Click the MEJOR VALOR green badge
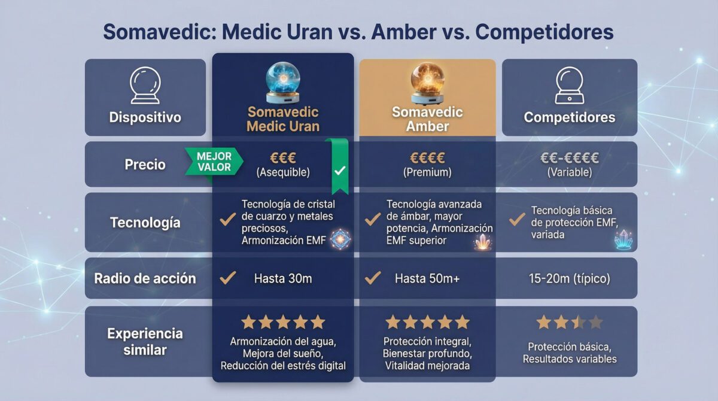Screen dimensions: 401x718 click(214, 162)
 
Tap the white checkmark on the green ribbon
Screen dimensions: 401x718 click(340, 171)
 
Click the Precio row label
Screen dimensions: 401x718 click(145, 165)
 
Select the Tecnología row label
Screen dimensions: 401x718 click(145, 223)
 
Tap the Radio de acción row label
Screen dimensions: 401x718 click(145, 278)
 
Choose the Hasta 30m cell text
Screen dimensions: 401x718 click(283, 278)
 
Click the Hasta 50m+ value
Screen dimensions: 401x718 click(427, 278)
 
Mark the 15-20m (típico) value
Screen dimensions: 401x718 click(569, 278)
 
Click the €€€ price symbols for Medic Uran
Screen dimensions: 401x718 click(283, 158)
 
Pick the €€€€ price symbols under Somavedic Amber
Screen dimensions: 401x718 click(427, 158)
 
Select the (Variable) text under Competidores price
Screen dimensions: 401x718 click(569, 172)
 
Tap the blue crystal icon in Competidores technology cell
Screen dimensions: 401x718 click(623, 239)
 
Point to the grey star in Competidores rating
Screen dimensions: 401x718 click(595, 323)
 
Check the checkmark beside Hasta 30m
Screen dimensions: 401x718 click(227, 278)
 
